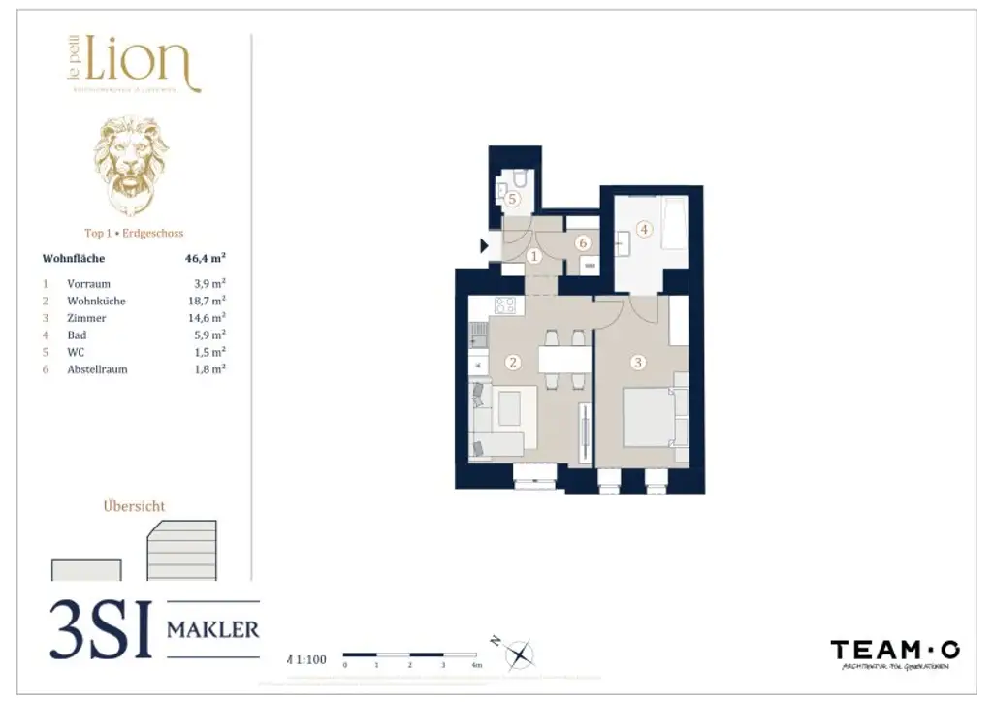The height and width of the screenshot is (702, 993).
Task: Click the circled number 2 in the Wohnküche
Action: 514,363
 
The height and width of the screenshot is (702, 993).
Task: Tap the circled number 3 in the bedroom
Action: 637,363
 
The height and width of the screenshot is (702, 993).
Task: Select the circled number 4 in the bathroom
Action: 644,230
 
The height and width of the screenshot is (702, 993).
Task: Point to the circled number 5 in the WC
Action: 513,199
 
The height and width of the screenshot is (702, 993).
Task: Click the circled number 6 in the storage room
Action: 583,243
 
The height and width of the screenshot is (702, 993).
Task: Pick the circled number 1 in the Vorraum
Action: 534,256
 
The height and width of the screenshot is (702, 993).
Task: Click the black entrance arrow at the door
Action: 485,246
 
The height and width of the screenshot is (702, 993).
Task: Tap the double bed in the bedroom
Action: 653,417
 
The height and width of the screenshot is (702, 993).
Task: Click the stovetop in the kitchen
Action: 505,305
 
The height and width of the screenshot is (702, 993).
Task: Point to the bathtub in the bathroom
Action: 674,223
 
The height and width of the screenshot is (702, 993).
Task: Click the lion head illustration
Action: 131,165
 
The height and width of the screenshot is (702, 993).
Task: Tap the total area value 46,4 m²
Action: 205,259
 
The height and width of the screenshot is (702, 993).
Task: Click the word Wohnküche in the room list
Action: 96,301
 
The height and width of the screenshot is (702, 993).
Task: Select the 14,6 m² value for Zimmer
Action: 209,318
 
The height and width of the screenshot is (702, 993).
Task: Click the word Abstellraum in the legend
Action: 97,369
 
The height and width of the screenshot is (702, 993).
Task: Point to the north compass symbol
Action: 521,654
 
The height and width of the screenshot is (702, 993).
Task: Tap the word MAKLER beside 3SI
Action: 213,630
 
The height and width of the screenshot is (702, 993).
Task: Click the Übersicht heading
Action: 134,506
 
